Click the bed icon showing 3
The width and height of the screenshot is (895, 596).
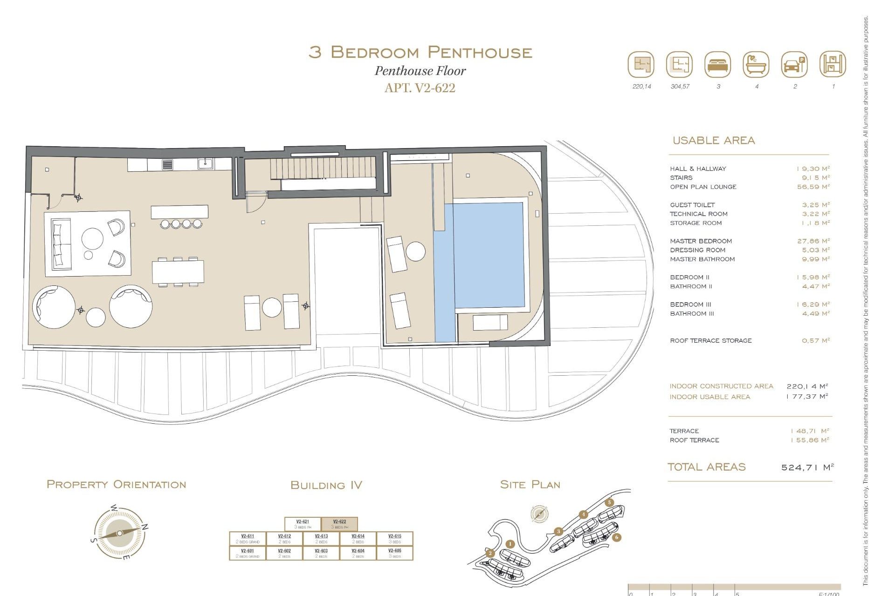coord(717,65)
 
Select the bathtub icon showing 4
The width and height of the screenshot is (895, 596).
coord(756,65)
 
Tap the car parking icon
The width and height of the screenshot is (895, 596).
coord(794,65)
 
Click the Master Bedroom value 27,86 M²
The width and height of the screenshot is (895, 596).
coord(813,241)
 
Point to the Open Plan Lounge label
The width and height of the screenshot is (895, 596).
coord(703,187)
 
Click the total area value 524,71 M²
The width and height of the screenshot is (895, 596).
coord(807,467)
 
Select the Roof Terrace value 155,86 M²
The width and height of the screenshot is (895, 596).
coord(810,440)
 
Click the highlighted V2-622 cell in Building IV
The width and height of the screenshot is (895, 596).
coord(339,524)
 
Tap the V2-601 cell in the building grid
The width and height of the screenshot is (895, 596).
coord(248,553)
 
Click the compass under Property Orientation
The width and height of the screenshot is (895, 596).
coord(119,533)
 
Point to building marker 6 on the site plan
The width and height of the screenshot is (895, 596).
coord(616,537)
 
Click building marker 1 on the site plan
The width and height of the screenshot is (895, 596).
coord(510,544)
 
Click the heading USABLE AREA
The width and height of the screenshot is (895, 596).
coord(713,141)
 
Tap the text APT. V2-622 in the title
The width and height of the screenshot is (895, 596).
coord(420,88)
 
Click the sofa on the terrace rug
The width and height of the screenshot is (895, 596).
coord(61,244)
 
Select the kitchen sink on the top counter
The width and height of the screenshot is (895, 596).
coord(205,164)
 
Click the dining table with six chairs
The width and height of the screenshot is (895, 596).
coord(178,271)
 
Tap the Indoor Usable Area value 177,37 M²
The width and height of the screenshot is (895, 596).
coord(806,397)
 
